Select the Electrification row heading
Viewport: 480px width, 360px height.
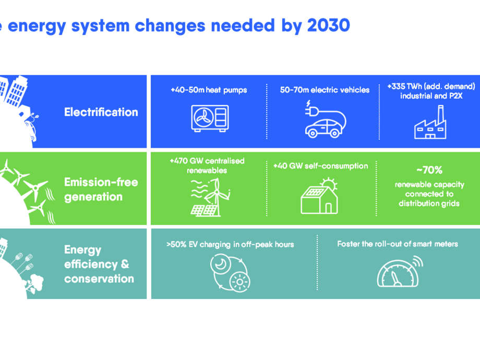[x=101, y=112]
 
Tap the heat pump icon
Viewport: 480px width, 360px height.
[x=209, y=117]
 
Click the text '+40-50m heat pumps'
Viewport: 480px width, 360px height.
[x=209, y=90]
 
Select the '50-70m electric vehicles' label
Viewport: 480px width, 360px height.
[x=325, y=90]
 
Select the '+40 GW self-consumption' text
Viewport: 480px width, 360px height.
[x=320, y=166]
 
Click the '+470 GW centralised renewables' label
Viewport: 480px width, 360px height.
[x=207, y=165]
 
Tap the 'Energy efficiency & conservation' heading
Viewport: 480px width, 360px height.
[x=99, y=264]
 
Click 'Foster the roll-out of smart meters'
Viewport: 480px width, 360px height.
[x=397, y=244]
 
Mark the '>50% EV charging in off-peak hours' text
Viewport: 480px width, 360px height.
[x=230, y=244]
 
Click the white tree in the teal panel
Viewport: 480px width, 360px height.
[x=37, y=282]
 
